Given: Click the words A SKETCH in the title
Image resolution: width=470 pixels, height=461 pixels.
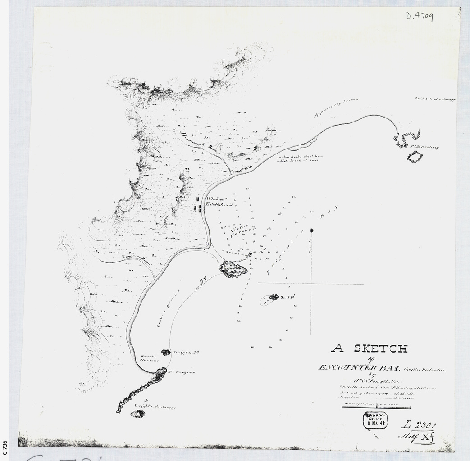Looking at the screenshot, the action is tap(369, 348).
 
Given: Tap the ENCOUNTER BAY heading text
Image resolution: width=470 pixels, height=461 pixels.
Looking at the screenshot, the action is tap(359, 368).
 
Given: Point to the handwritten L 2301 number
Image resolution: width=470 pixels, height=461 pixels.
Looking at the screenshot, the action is tap(419, 425).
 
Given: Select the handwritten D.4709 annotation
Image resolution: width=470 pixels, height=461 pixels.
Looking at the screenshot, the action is tap(420, 17).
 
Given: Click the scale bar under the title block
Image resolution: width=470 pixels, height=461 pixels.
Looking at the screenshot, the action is tap(376, 407).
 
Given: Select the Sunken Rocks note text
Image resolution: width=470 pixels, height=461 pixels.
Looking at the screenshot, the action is tap(297, 158).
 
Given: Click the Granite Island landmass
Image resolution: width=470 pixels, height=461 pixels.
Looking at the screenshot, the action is tap(233, 269).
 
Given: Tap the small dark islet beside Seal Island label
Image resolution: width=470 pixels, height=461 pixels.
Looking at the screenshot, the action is tap(274, 297).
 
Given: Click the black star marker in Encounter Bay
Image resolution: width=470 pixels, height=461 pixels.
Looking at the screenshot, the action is tap(312, 230).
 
